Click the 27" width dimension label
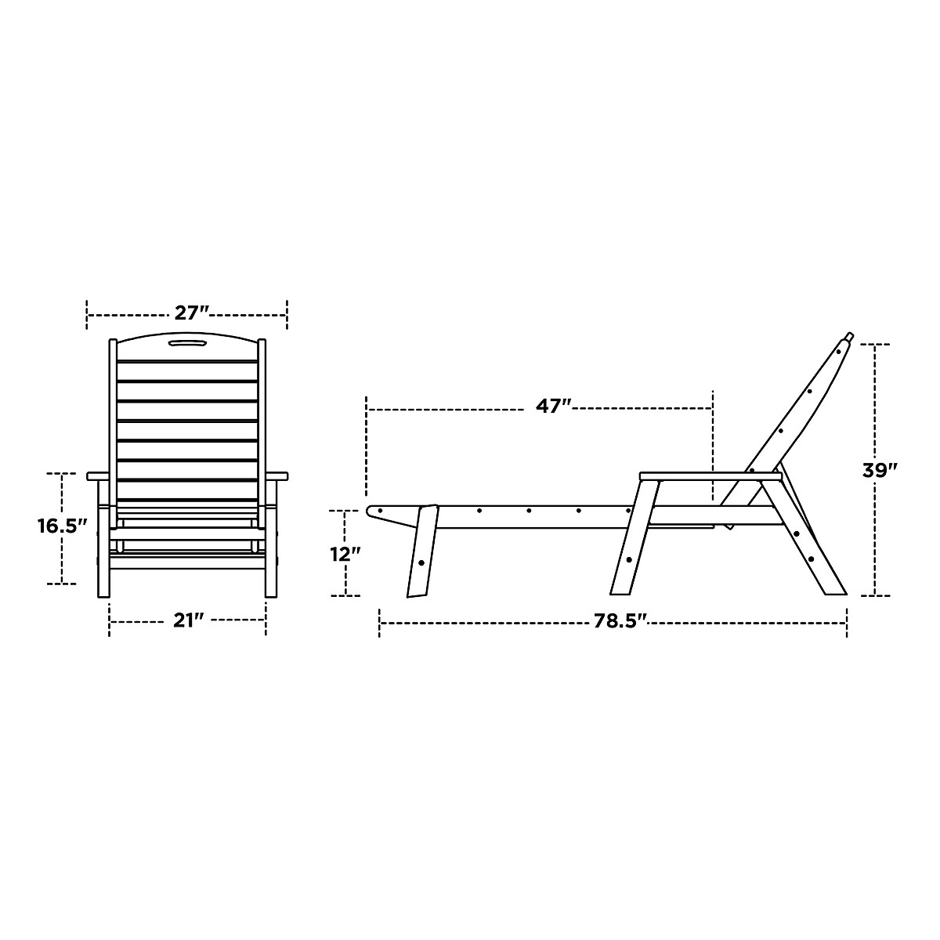pyautogui.click(x=191, y=313)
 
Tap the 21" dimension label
pyautogui.click(x=188, y=620)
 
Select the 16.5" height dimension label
pyautogui.click(x=63, y=526)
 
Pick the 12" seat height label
pyautogui.click(x=345, y=554)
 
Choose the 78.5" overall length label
pyautogui.click(x=620, y=621)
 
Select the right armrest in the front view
pyautogui.click(x=277, y=476)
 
